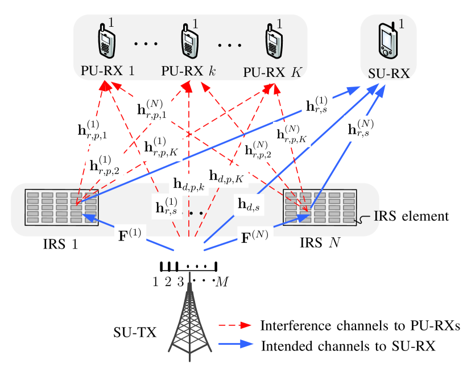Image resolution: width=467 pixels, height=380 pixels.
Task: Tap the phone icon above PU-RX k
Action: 189,41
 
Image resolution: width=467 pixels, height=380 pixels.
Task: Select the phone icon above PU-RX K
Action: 274,41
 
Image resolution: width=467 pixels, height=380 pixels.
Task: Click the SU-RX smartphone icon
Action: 388,40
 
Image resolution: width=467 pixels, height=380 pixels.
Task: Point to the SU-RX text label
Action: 389,73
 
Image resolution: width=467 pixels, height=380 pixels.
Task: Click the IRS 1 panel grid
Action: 61,207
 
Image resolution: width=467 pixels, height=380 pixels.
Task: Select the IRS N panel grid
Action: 320,207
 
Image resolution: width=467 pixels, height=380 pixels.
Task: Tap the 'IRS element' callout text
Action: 411,216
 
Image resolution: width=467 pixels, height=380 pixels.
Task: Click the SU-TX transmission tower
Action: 190,321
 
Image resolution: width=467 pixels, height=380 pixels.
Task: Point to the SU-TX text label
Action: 135,332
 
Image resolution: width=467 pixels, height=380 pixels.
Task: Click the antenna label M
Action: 222,282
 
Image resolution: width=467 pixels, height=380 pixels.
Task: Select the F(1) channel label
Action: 130,234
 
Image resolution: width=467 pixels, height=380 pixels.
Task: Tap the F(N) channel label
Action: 254,237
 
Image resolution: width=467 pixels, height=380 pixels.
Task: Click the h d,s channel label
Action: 249,205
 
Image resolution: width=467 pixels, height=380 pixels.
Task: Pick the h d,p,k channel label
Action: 189,184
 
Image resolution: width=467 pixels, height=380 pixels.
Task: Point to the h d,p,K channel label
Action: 226,176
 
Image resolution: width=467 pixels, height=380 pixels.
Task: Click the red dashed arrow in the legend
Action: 235,325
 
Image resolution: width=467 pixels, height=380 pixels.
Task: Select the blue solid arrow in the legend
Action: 235,344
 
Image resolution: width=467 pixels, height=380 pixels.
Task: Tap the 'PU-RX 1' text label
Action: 108,71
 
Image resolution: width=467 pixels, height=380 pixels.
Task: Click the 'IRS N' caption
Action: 320,243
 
